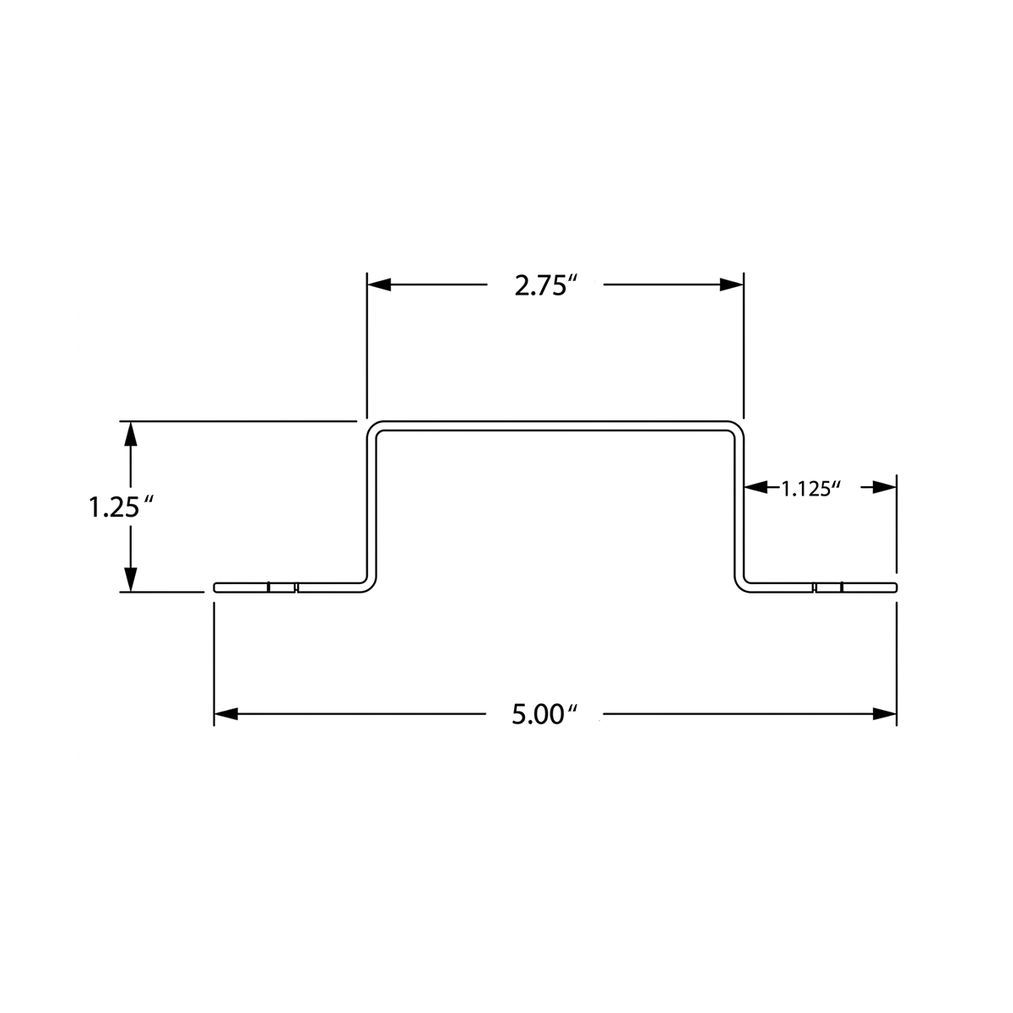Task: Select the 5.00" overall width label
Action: (544, 715)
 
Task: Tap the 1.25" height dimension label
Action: (122, 508)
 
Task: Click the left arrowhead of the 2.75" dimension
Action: (379, 285)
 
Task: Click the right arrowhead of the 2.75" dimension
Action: (732, 285)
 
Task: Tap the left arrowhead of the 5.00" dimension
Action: (226, 714)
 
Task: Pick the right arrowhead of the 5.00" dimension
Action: (885, 714)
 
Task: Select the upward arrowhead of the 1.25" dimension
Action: (130, 434)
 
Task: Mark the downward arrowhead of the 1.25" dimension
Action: (130, 579)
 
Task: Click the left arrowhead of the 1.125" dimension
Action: (756, 487)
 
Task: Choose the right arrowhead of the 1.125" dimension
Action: (885, 487)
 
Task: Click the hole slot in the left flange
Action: (282, 588)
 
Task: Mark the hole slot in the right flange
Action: (828, 588)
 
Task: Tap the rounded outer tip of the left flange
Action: (214, 588)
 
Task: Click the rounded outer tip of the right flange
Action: (897, 588)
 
